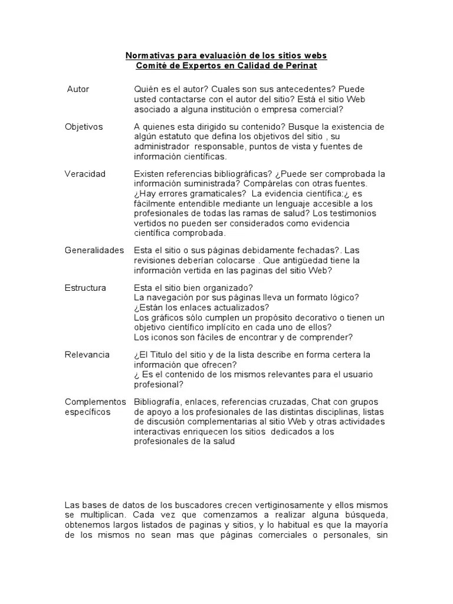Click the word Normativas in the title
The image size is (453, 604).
(x=147, y=55)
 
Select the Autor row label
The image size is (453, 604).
(x=78, y=89)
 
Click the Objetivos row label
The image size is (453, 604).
(x=83, y=127)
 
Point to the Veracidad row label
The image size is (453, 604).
(x=85, y=174)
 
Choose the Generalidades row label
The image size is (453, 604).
(x=94, y=250)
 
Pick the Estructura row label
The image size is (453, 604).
(x=86, y=288)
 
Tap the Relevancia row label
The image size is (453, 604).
(x=87, y=354)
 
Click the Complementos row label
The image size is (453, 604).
(x=95, y=402)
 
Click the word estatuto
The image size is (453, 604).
(x=178, y=136)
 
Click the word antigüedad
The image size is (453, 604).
(x=310, y=260)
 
